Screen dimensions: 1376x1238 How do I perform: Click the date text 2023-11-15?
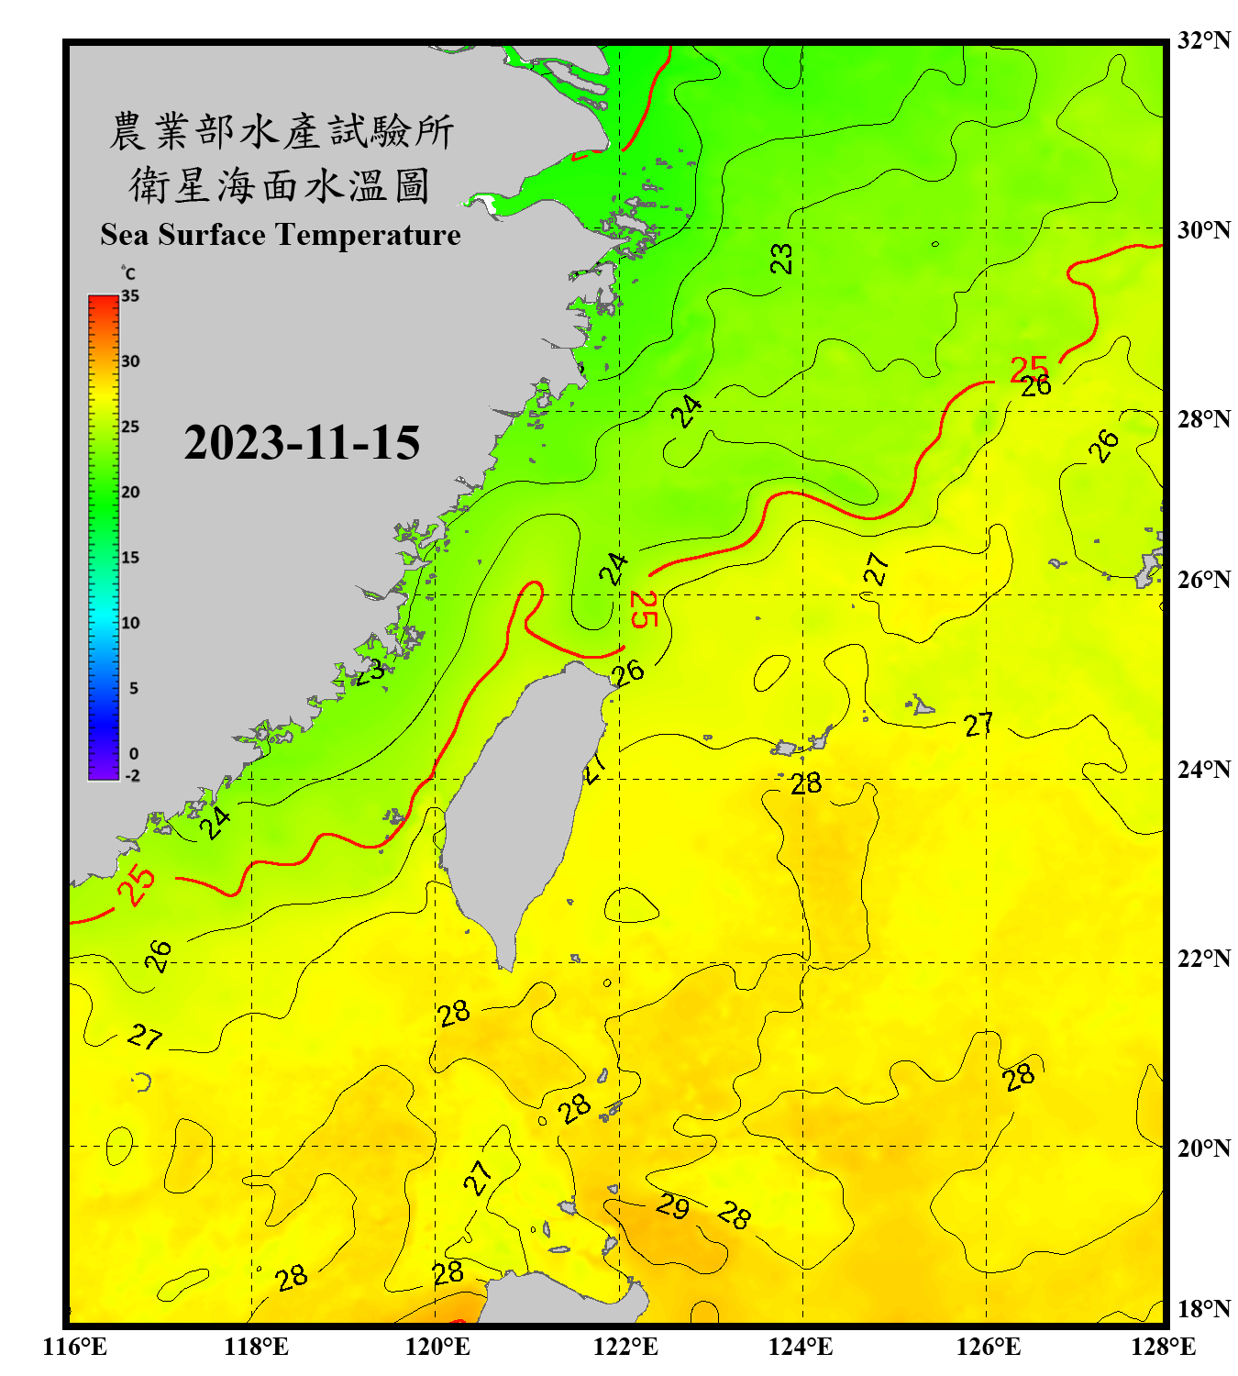(302, 443)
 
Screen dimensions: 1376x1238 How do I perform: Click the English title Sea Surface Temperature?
(281, 235)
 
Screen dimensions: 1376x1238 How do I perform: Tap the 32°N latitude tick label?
(1203, 40)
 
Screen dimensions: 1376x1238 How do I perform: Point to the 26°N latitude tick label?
(1203, 580)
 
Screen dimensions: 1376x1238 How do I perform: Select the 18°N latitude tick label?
(1203, 1309)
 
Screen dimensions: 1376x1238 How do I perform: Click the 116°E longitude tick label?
(74, 1347)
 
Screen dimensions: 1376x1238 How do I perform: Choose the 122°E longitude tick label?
(625, 1347)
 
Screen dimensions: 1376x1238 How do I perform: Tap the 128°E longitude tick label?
(1163, 1347)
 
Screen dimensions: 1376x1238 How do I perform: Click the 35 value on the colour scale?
(130, 296)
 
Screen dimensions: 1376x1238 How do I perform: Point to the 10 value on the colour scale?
(130, 623)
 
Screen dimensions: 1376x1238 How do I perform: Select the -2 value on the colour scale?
(132, 776)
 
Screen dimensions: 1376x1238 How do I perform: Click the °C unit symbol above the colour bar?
(128, 273)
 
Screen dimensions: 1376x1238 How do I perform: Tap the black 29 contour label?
(672, 1205)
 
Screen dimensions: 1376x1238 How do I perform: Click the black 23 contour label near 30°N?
(781, 259)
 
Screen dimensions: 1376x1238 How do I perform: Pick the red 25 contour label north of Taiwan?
(644, 610)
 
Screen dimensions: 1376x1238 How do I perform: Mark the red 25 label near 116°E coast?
(137, 885)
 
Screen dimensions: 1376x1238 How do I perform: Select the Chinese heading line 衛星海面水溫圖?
(280, 186)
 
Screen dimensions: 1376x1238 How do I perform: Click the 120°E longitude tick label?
(437, 1347)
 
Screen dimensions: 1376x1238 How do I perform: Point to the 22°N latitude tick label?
(1203, 959)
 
